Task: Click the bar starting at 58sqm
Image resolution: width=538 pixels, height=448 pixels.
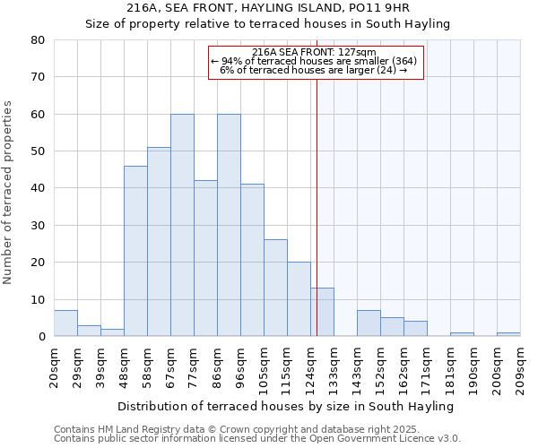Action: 159,242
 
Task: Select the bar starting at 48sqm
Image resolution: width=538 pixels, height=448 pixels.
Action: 135,251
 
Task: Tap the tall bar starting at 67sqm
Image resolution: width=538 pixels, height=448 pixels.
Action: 182,225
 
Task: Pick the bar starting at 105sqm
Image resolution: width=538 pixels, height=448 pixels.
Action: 275,288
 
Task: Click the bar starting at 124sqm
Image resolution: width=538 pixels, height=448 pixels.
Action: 322,312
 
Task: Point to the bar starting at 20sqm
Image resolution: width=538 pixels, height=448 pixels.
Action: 65,323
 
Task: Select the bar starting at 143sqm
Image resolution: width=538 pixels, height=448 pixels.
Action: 369,323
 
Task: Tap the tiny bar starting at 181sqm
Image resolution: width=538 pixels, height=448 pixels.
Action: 462,334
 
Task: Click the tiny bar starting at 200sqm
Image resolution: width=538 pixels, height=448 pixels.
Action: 508,334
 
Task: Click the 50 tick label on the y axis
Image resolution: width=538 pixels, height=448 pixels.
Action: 38,151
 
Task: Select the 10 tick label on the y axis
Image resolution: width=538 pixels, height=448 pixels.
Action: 38,300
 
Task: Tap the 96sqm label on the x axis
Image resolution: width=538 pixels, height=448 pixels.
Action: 241,366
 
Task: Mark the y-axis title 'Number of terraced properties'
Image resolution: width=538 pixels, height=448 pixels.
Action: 9,192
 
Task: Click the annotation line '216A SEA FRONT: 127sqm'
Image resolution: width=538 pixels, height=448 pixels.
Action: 315,53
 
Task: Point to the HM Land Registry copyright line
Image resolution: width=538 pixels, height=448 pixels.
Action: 231,429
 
